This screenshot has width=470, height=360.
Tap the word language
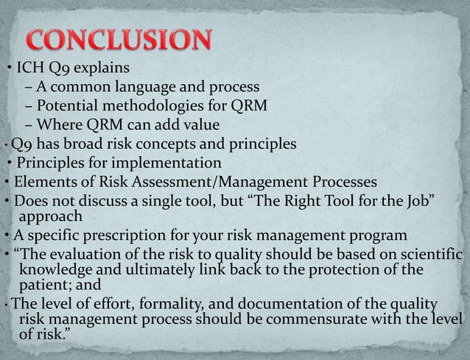tap(150, 88)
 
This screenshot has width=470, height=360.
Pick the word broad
tap(94, 143)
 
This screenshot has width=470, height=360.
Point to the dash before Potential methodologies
tap(28, 106)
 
